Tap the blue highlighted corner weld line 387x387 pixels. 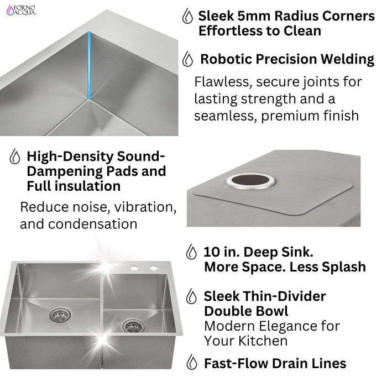[x=89, y=66]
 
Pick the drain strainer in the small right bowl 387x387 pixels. [x=132, y=326]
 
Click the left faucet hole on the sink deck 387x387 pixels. [x=134, y=268]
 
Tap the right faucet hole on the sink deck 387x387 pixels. [x=150, y=268]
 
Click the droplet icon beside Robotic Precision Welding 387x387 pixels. [x=188, y=59]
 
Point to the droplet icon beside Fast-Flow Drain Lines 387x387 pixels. [x=191, y=363]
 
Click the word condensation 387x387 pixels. [x=79, y=224]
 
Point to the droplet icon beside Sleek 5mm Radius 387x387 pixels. [x=188, y=16]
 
